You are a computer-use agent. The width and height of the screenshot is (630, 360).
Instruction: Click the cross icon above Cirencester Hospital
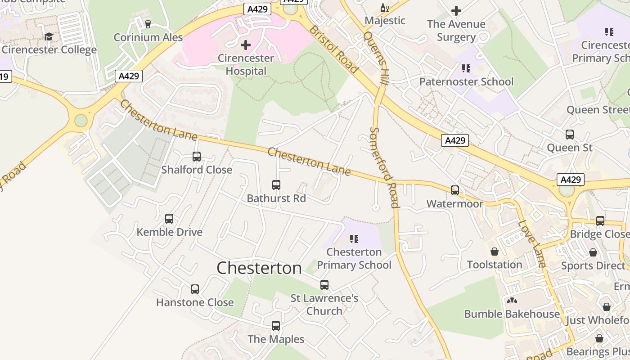[x=246, y=45]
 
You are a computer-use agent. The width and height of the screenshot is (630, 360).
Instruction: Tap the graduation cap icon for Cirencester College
[x=49, y=36]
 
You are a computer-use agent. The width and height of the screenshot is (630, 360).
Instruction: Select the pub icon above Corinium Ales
[x=148, y=24]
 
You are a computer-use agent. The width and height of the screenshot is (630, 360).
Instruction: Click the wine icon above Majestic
[x=384, y=8]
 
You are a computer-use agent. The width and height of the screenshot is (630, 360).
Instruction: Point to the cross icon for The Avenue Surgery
[x=456, y=11]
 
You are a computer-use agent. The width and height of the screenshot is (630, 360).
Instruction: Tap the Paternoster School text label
[x=466, y=82]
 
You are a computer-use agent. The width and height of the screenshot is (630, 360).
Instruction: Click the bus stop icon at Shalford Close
[x=197, y=157]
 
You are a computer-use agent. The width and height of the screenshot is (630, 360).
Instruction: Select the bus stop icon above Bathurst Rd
[x=276, y=185]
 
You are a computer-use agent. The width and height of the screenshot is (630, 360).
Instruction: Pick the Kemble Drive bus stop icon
[x=169, y=219]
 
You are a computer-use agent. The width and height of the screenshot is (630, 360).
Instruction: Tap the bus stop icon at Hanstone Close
[x=195, y=289]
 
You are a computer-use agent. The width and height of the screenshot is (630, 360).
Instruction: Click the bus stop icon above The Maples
[x=276, y=326]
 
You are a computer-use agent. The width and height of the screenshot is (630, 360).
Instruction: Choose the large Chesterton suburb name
[x=259, y=268]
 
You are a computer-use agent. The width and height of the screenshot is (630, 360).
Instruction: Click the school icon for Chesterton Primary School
[x=354, y=238]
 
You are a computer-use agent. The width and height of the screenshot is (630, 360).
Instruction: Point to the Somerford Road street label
[x=384, y=167]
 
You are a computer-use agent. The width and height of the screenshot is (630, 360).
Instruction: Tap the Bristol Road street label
[x=333, y=49]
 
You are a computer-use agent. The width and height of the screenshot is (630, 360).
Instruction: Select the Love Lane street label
[x=531, y=243]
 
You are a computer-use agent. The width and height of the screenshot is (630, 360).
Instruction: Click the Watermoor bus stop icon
[x=455, y=190]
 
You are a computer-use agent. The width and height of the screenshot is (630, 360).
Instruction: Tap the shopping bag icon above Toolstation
[x=495, y=252]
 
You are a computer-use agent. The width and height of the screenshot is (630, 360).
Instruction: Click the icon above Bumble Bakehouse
[x=512, y=301]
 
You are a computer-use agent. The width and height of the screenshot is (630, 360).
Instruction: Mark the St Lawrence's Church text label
[x=324, y=305]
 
